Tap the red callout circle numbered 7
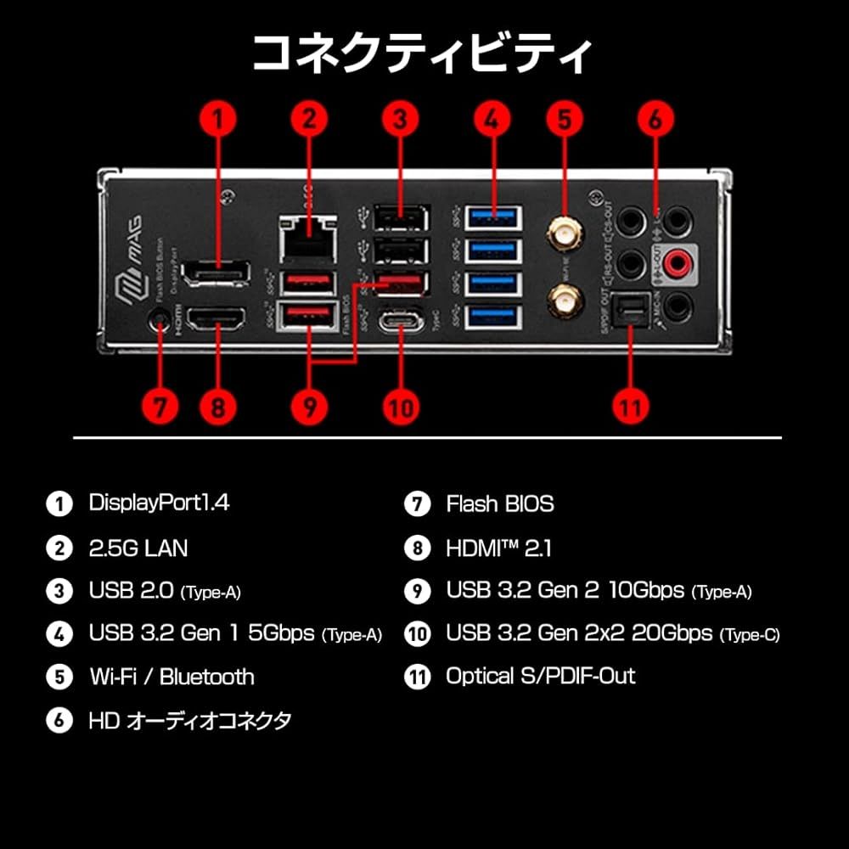160,406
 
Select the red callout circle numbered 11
630,406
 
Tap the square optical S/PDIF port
632,312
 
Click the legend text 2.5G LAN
138,548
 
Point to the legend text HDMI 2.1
498,548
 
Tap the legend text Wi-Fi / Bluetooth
171,677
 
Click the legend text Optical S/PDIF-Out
540,677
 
